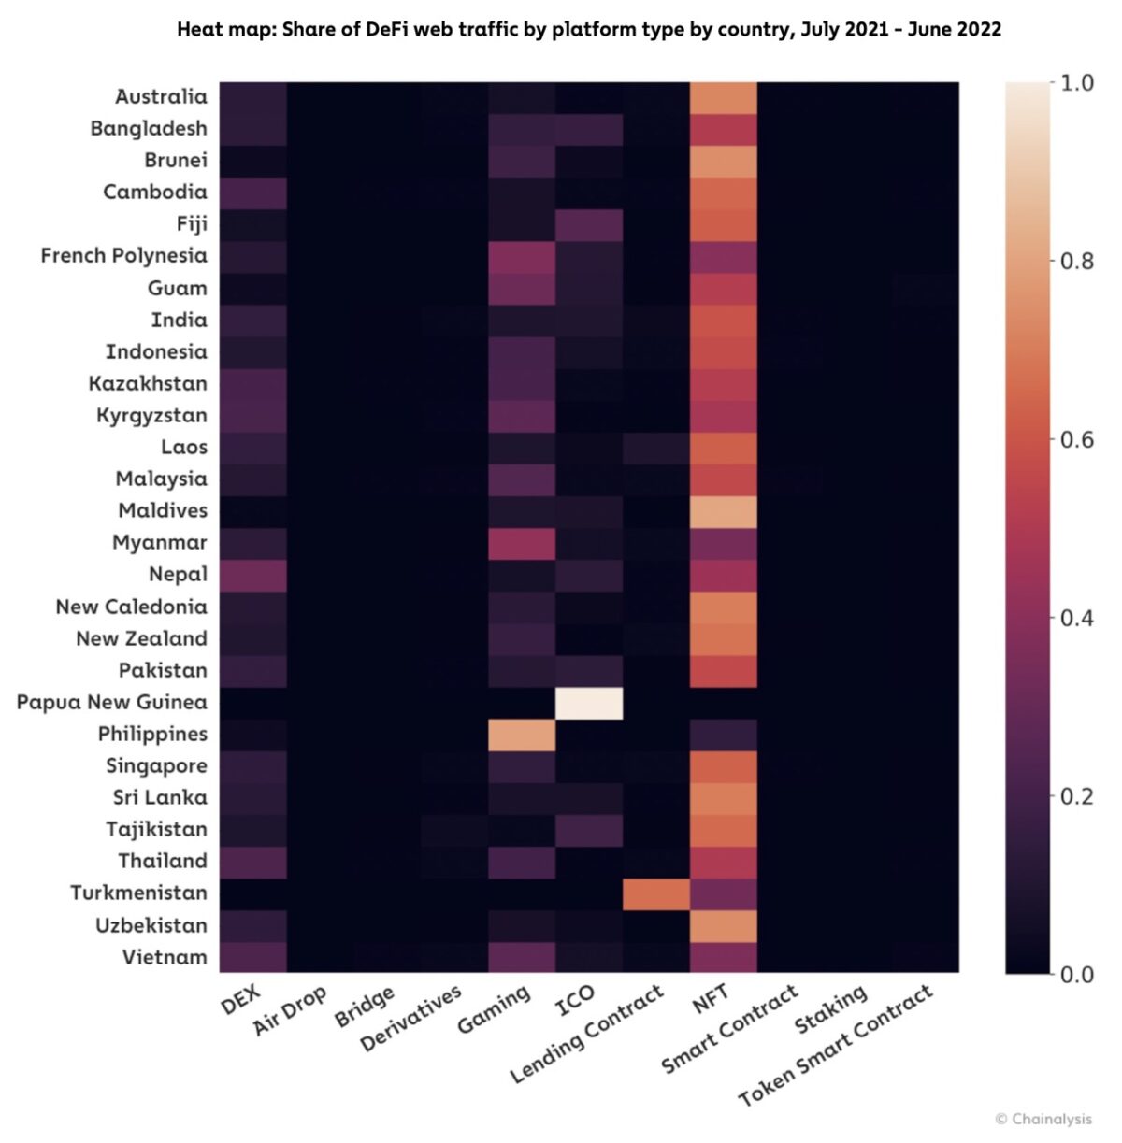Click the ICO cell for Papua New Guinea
pyautogui.click(x=589, y=703)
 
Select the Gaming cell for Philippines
pyautogui.click(x=522, y=735)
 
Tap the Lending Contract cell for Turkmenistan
pyautogui.click(x=656, y=893)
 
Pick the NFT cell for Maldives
pyautogui.click(x=723, y=511)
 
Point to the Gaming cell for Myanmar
pyautogui.click(x=522, y=543)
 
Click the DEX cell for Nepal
pyautogui.click(x=252, y=575)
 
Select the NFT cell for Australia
pyautogui.click(x=723, y=97)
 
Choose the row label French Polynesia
pyautogui.click(x=123, y=256)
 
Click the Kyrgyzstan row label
pyautogui.click(x=151, y=415)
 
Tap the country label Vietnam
pyautogui.click(x=165, y=957)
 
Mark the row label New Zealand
pyautogui.click(x=141, y=638)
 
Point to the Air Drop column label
pyautogui.click(x=290, y=1011)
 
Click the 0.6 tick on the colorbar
pyautogui.click(x=1076, y=439)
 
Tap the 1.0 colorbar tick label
pyautogui.click(x=1076, y=83)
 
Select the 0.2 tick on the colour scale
pyautogui.click(x=1076, y=796)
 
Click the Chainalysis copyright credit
pyautogui.click(x=1043, y=1119)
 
